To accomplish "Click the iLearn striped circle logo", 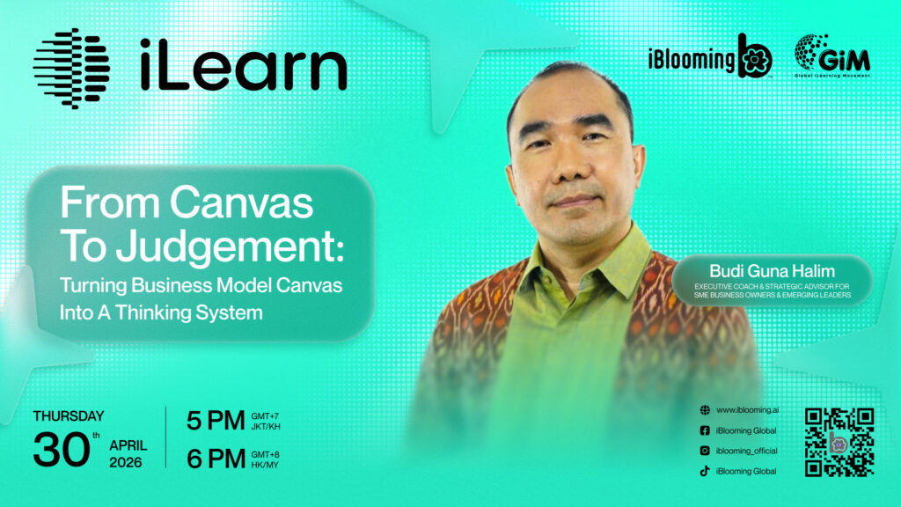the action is pos(72,69).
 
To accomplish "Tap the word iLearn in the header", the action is pos(243,65).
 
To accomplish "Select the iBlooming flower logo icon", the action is pos(754,57).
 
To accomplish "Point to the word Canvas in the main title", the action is pos(241,203).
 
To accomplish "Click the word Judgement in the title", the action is pos(225,246).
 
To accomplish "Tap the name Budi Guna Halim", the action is pos(772,271).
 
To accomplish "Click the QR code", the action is pos(839,442).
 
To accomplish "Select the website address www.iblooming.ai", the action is pos(748,410).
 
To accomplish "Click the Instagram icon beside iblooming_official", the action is pos(705,451).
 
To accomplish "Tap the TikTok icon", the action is pos(705,471).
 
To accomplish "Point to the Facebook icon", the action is pos(705,430).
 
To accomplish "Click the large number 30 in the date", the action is pos(62,448).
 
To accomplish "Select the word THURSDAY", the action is pos(69,415).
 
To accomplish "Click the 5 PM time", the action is pos(216,420).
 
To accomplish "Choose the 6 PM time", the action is pos(216,459).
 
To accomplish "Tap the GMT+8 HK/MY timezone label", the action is pos(265,459).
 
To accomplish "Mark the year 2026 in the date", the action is pos(125,462).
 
